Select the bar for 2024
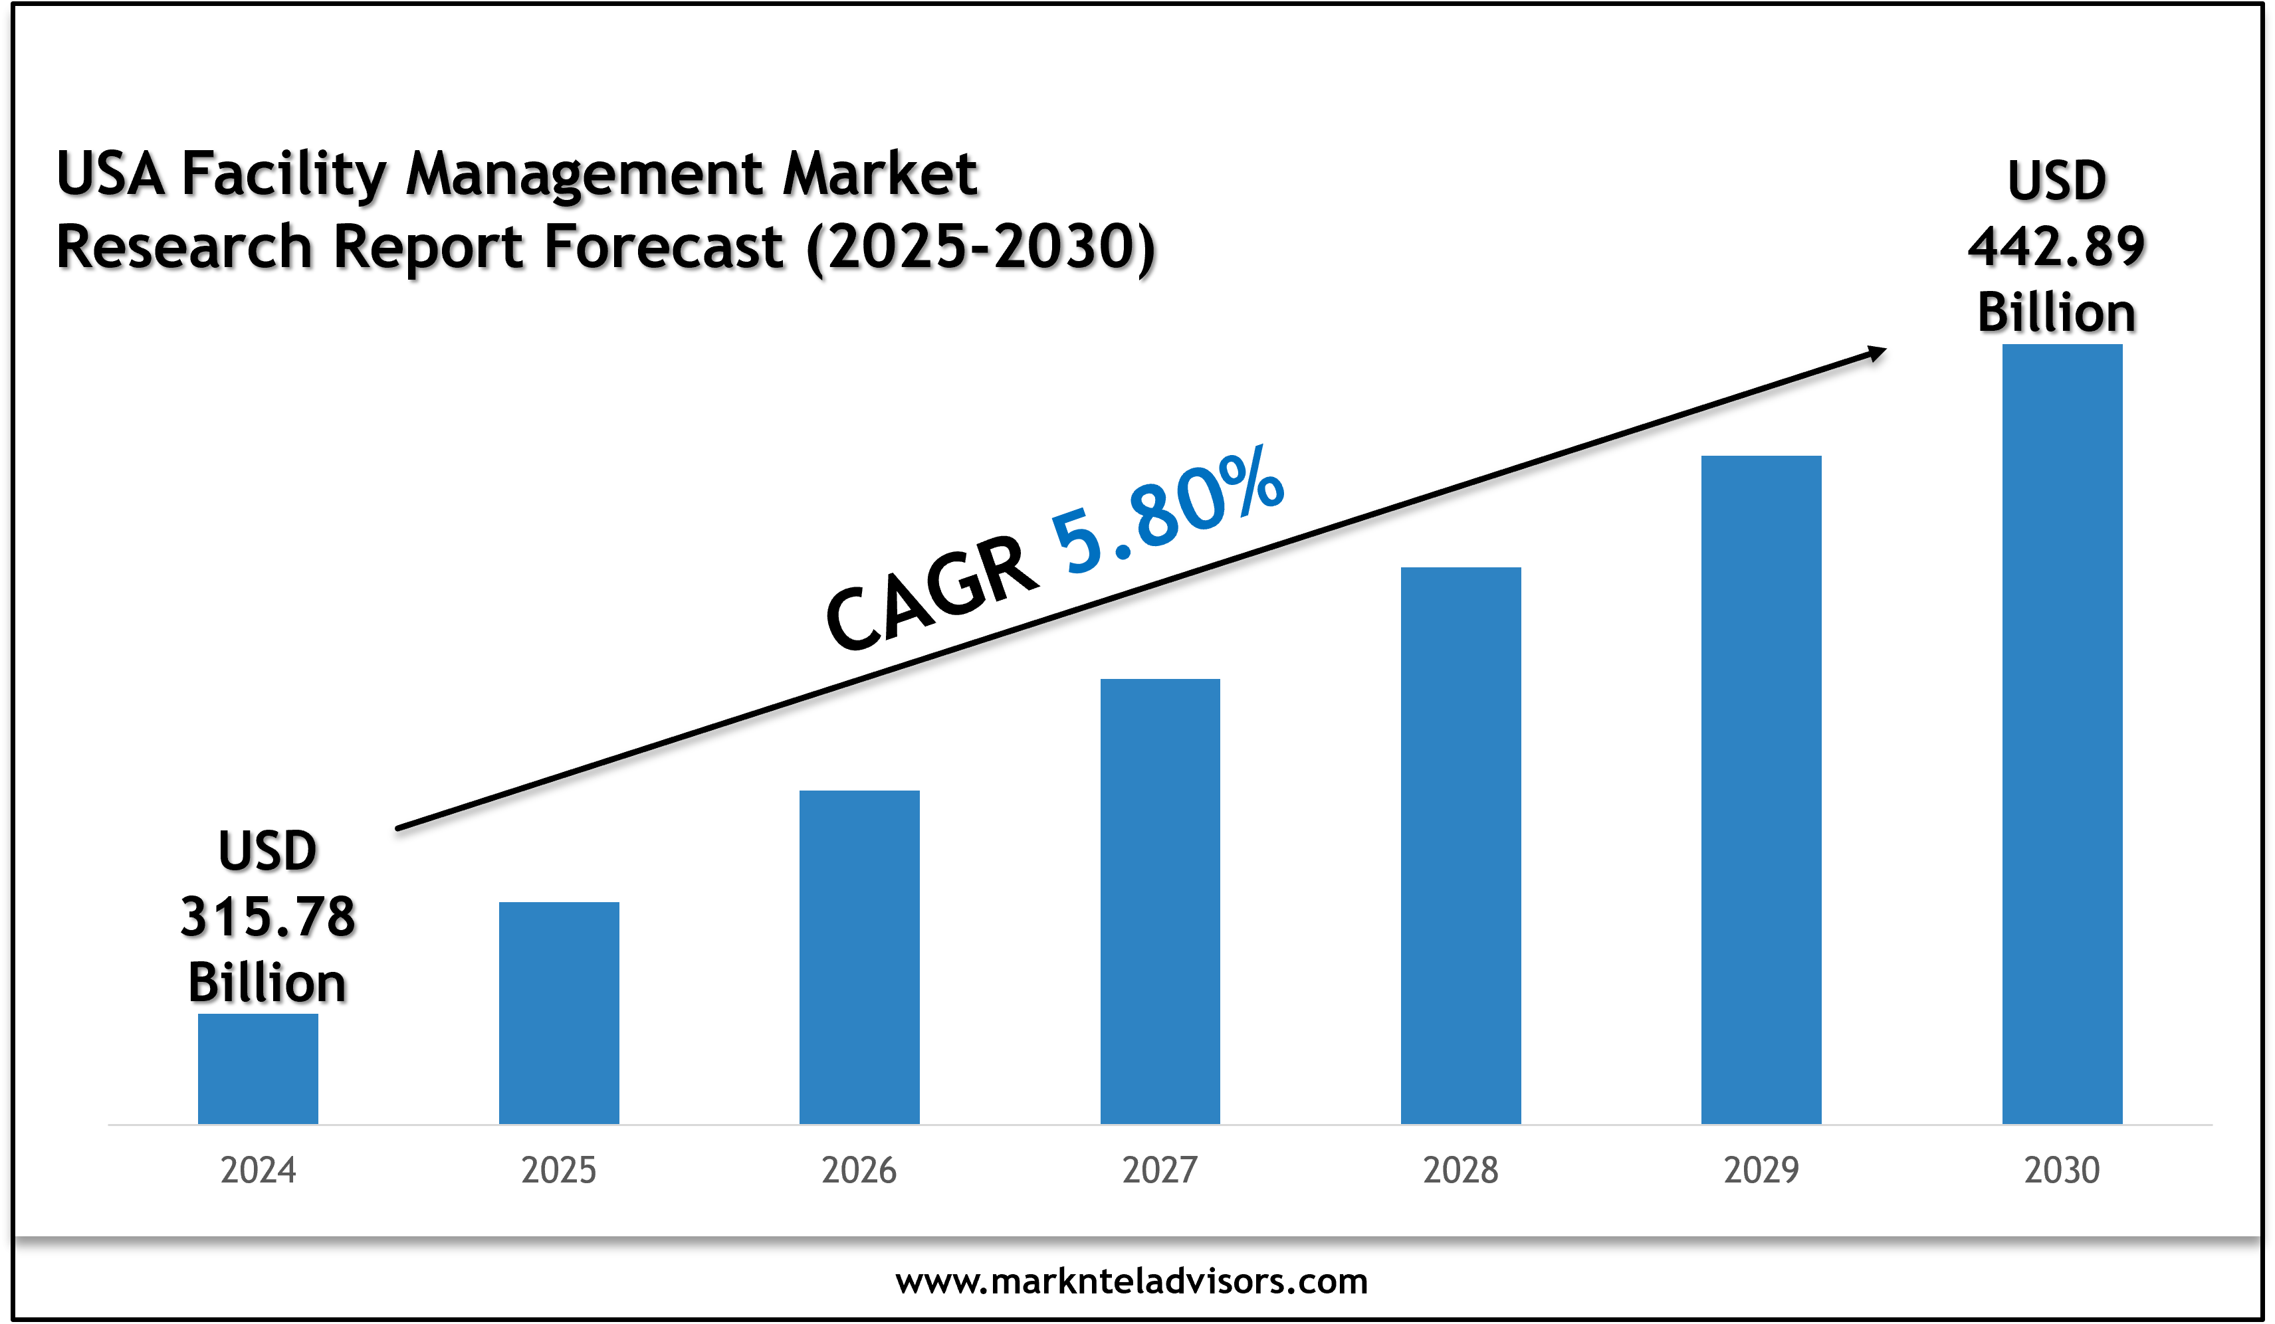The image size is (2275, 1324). [258, 1069]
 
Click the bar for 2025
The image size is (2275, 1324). [559, 1012]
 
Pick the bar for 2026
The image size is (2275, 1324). [859, 957]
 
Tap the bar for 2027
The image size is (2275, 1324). [1160, 901]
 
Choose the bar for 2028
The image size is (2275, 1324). [1461, 845]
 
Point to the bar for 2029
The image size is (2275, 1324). [1761, 790]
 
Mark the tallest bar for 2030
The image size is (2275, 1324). [2062, 734]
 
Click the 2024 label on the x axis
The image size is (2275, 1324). [258, 1171]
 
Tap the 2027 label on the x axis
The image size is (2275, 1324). [1160, 1171]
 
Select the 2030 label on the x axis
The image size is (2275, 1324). [2062, 1171]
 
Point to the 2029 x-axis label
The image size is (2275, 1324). [1761, 1171]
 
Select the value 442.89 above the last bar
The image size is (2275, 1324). [2056, 246]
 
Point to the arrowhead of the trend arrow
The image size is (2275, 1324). [1877, 353]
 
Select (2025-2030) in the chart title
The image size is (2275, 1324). [980, 247]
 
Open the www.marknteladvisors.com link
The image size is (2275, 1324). [1131, 1281]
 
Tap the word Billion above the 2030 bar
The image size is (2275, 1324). [2056, 313]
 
